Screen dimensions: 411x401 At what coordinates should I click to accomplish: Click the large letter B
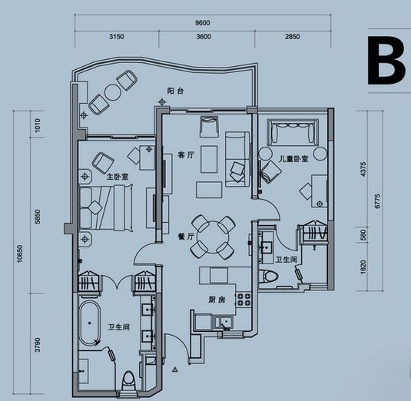point(386,61)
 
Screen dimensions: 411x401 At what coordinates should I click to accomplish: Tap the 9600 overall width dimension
point(202,23)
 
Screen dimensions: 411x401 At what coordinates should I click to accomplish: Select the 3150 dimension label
point(117,36)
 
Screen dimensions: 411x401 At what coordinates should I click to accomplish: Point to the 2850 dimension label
point(293,36)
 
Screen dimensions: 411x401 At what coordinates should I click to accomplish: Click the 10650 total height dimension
point(20,254)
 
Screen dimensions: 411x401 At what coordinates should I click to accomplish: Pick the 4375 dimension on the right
point(363,169)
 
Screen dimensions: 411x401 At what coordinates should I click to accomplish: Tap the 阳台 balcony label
point(176,91)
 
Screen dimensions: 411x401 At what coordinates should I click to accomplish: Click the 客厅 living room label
point(186,155)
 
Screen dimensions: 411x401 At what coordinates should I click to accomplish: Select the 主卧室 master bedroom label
point(118,177)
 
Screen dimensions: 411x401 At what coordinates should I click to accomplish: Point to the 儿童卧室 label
point(293,159)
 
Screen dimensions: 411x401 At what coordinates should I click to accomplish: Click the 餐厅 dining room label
point(186,237)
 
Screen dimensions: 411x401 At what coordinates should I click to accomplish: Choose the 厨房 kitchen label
point(217,300)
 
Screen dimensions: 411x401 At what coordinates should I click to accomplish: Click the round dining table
point(213,237)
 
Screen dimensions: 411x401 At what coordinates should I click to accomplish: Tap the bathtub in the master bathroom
point(90,323)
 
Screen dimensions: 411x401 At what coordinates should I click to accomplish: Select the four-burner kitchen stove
point(244,300)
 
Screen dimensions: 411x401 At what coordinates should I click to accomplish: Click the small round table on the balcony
point(113,92)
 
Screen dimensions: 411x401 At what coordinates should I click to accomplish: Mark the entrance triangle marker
point(175,370)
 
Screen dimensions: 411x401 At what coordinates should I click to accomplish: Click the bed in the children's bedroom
point(293,132)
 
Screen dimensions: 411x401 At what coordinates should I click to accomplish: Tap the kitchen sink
point(223,322)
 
